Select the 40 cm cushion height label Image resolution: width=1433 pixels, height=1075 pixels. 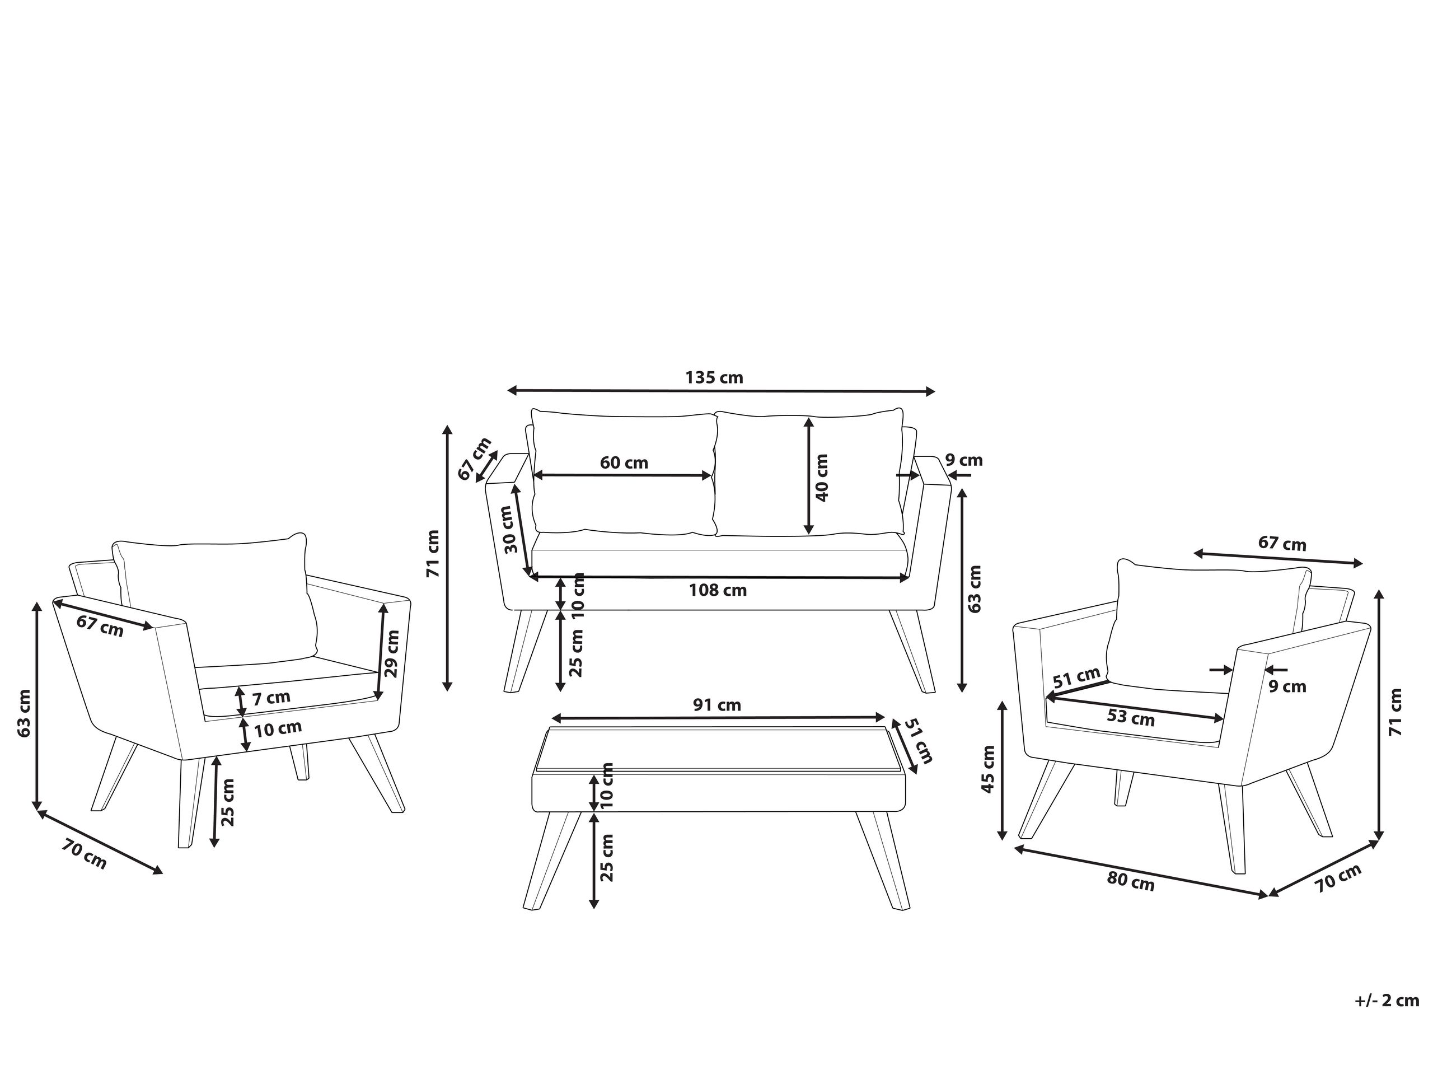[821, 478]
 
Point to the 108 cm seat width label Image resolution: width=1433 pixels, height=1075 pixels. [717, 590]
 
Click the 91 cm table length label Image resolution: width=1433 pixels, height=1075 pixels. [716, 705]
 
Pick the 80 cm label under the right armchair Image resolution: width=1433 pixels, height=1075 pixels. [1131, 882]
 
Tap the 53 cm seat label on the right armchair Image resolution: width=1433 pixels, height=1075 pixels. [1131, 718]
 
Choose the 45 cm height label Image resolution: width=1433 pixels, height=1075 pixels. [988, 769]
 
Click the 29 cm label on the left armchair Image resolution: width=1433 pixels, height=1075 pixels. [392, 653]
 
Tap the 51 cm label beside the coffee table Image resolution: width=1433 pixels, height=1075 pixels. [917, 741]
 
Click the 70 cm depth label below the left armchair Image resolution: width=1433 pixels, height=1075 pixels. [84, 853]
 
